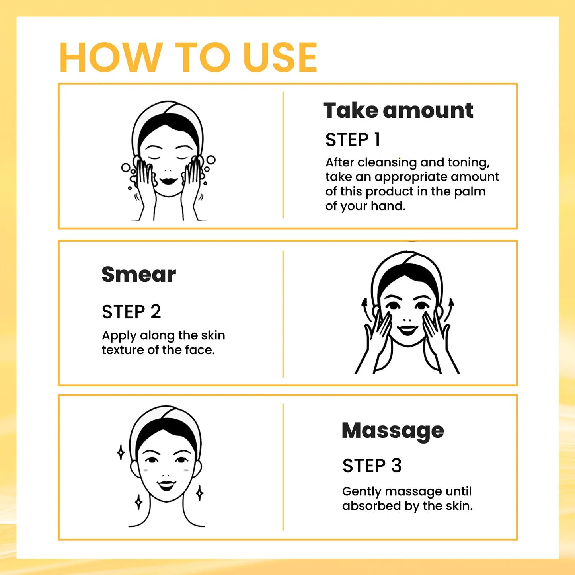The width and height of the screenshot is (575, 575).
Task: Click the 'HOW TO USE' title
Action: pyautogui.click(x=188, y=58)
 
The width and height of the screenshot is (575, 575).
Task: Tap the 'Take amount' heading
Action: pyautogui.click(x=398, y=111)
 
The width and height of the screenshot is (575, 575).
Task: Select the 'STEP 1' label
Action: pyautogui.click(x=353, y=140)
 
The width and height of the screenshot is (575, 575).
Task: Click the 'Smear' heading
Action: pyautogui.click(x=138, y=275)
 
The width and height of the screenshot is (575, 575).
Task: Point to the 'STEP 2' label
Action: pyautogui.click(x=131, y=312)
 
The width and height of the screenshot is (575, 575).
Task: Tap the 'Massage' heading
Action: pyautogui.click(x=392, y=431)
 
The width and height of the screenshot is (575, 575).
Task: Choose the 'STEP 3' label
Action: pyautogui.click(x=372, y=466)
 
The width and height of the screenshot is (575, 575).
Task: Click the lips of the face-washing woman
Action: pyautogui.click(x=168, y=181)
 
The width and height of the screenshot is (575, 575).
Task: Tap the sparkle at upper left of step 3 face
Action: pyautogui.click(x=121, y=452)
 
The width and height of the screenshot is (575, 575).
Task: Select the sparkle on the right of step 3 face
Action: pyautogui.click(x=200, y=493)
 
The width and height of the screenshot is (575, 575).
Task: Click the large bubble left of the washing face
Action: pyautogui.click(x=126, y=168)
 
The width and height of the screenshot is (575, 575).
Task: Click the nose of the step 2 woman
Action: pyautogui.click(x=407, y=319)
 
